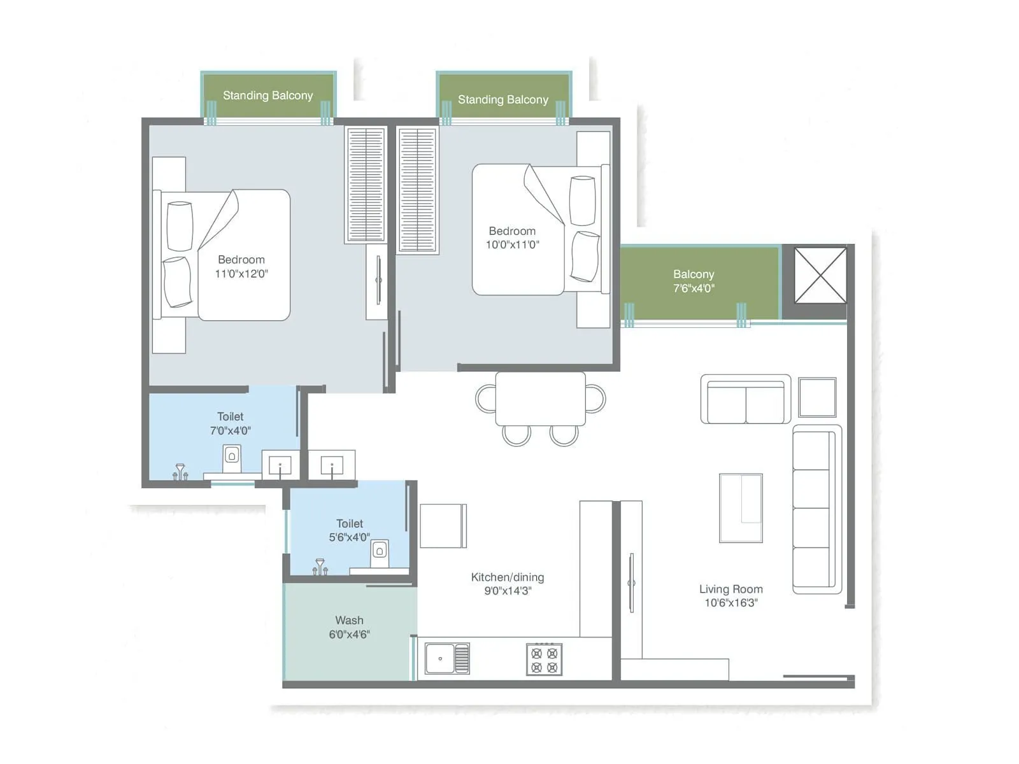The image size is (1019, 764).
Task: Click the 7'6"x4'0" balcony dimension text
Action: tap(694, 288)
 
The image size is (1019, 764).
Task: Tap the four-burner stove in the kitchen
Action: tap(545, 660)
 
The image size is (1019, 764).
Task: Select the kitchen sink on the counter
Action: tap(446, 658)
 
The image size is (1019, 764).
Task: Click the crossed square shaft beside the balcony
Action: tap(820, 276)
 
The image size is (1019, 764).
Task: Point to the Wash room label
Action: tap(349, 620)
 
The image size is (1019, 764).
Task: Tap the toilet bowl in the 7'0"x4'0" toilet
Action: tap(232, 457)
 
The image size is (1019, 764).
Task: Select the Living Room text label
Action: tap(730, 590)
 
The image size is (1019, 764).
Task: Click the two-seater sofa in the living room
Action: tap(746, 400)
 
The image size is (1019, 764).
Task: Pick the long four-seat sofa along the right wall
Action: tap(816, 509)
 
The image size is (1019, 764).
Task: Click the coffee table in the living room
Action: tap(741, 508)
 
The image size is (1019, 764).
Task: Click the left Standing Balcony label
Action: tap(267, 95)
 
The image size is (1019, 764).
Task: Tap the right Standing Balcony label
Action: tap(502, 100)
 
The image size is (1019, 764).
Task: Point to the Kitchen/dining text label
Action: tap(508, 577)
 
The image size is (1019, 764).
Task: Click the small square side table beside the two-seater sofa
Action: tap(817, 397)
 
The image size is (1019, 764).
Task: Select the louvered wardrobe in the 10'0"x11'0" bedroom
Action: tap(417, 190)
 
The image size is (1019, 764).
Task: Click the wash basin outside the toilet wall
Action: tap(332, 465)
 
